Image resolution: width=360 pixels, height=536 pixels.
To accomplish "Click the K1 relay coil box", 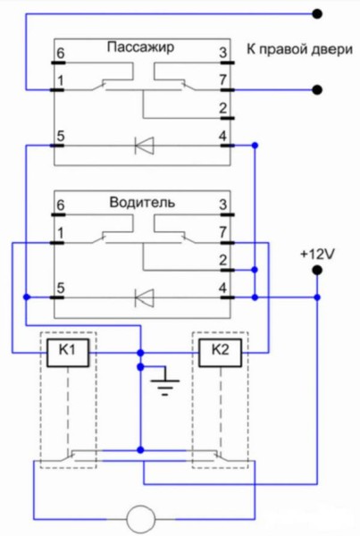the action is (x=68, y=353).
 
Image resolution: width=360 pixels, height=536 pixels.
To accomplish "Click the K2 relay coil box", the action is (x=221, y=353).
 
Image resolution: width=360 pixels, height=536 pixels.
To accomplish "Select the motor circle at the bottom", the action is (x=141, y=519).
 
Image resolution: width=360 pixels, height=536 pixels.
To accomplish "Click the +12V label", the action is (x=318, y=254).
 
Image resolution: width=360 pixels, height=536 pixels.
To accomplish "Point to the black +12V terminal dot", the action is (x=317, y=271).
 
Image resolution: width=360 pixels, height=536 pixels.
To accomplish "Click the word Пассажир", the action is (x=140, y=46).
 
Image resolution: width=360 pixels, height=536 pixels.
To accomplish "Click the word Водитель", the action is (x=142, y=203).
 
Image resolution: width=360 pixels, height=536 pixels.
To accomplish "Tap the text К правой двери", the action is (x=299, y=49).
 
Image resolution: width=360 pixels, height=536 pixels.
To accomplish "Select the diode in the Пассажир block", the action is (x=145, y=146).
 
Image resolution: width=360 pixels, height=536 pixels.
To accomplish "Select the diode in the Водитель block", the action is (x=145, y=297).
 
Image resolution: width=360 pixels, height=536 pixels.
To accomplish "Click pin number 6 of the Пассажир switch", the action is (x=61, y=54).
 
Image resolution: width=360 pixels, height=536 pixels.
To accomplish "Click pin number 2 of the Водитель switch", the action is (x=223, y=261).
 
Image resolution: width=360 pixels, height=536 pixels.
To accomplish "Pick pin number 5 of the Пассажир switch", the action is (x=61, y=136).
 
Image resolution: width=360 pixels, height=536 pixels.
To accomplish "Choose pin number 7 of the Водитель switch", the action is (x=223, y=232).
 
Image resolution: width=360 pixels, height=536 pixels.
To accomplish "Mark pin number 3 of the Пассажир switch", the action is (x=223, y=53).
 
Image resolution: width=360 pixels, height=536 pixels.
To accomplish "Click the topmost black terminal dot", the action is (x=317, y=14).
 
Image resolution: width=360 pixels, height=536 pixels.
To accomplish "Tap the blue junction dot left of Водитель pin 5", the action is (x=27, y=297).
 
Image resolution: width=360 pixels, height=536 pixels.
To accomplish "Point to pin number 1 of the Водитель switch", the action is (x=61, y=233).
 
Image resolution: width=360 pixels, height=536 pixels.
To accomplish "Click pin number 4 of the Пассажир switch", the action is (x=222, y=136).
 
